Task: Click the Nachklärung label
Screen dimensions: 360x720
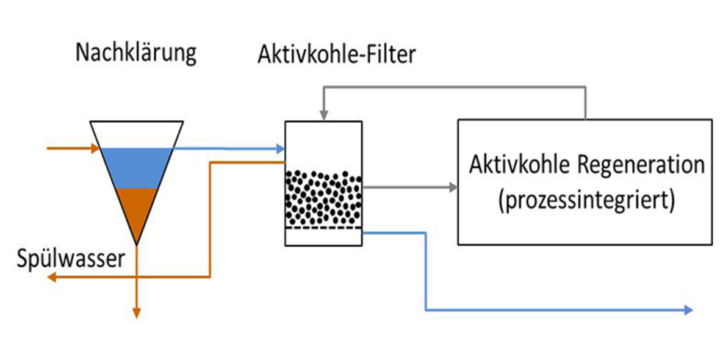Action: [x=135, y=53]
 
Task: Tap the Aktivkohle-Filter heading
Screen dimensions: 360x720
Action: [x=336, y=55]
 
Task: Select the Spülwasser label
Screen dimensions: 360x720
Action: [x=70, y=259]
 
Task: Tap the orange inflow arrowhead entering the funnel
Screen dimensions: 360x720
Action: [x=95, y=148]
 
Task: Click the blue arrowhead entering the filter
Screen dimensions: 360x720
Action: [x=280, y=148]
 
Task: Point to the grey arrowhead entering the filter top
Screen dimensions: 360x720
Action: [x=324, y=116]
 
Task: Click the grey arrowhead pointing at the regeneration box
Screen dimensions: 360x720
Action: [x=453, y=187]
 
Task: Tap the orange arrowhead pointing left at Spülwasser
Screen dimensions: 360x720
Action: [x=53, y=278]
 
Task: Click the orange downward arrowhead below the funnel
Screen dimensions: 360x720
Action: [x=136, y=313]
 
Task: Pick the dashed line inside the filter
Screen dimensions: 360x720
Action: [x=323, y=228]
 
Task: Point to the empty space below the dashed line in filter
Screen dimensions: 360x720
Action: [x=323, y=237]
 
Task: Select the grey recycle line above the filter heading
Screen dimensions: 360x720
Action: [x=455, y=87]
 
